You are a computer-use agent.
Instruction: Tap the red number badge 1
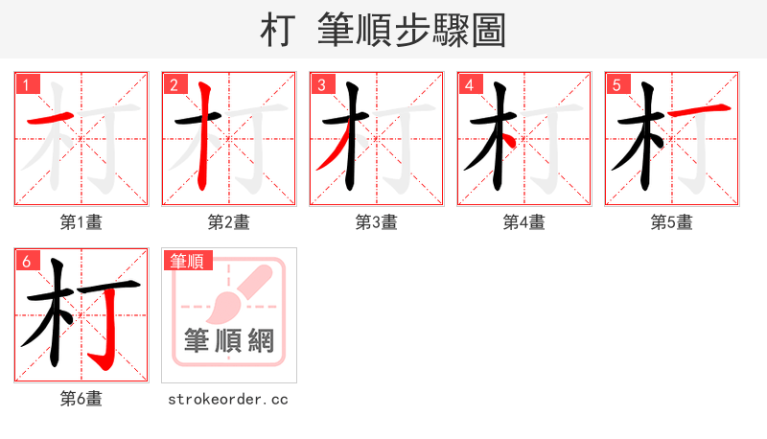click(x=27, y=84)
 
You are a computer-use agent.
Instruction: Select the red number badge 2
click(x=174, y=84)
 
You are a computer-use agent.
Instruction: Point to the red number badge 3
click(x=322, y=84)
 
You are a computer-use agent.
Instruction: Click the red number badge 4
click(x=470, y=84)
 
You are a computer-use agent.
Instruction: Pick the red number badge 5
click(x=617, y=84)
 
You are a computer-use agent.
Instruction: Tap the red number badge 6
click(x=27, y=261)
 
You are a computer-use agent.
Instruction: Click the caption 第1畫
click(x=81, y=222)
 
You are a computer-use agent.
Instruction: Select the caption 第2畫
click(x=228, y=222)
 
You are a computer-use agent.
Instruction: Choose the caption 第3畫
click(x=376, y=222)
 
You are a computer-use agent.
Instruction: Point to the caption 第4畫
click(x=523, y=222)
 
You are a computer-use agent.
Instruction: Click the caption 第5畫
click(x=671, y=222)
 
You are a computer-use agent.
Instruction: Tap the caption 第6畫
click(x=81, y=399)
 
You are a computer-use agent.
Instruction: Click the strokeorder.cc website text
click(x=228, y=399)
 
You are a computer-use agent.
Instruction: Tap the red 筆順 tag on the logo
click(x=188, y=261)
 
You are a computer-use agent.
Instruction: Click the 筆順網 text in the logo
click(x=229, y=341)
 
